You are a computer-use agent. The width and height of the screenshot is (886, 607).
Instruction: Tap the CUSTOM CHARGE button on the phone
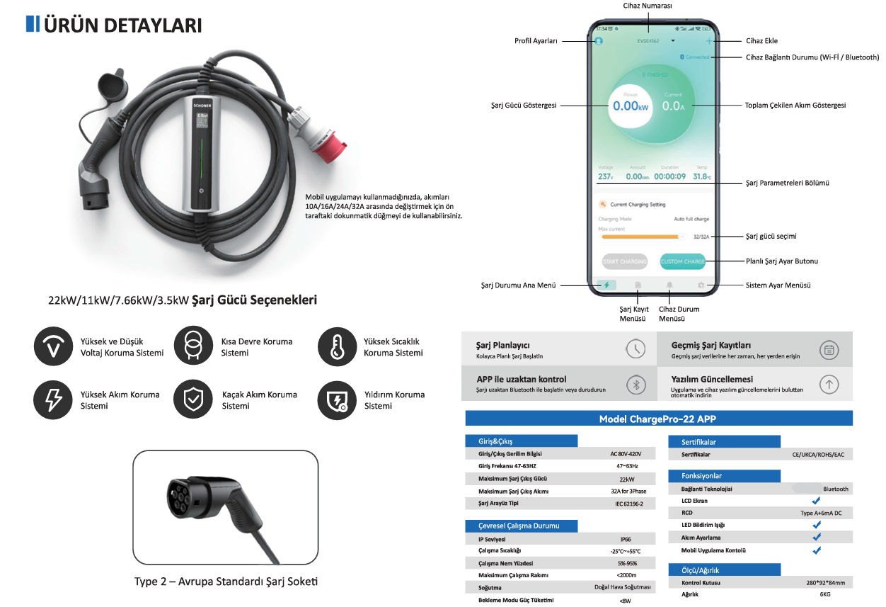tap(682, 261)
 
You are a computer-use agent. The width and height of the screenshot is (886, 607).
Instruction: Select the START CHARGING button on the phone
tap(625, 261)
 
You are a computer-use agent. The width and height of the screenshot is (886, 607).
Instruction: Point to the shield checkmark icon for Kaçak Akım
tap(193, 400)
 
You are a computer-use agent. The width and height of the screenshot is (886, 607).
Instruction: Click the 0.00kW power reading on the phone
tap(631, 106)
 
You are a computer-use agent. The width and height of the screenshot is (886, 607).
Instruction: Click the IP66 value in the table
tap(625, 539)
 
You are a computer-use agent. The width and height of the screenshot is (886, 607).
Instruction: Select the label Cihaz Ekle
tap(761, 41)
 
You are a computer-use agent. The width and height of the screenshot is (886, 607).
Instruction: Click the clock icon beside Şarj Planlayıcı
tap(635, 349)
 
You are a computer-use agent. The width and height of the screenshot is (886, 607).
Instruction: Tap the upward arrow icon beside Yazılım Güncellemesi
tap(829, 384)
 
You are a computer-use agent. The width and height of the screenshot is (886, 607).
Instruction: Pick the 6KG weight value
tap(824, 595)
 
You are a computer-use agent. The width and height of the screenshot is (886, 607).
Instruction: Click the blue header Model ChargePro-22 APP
tap(658, 419)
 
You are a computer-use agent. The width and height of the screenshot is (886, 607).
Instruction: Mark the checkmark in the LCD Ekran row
tap(816, 501)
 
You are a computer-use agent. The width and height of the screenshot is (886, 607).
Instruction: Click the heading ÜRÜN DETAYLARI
tap(122, 25)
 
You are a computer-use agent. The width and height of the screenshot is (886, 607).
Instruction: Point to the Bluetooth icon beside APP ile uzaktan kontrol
tap(635, 384)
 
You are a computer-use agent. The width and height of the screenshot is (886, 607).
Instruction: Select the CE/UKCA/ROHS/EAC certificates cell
tap(818, 455)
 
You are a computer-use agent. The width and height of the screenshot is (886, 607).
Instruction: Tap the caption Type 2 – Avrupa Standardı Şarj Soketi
tap(226, 582)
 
